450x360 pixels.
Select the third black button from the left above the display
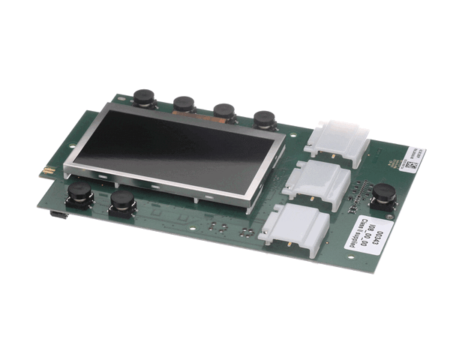click(223, 112)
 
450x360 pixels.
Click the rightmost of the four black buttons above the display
click(264, 120)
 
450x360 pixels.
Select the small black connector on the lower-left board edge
click(56, 214)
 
